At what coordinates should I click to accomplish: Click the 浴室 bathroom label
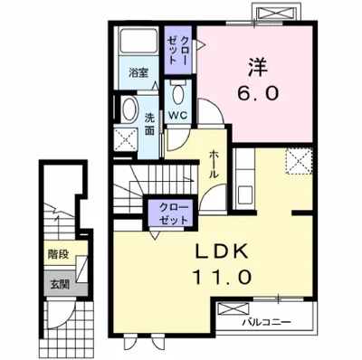pos(138,72)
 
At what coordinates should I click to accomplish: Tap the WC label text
pos(177,115)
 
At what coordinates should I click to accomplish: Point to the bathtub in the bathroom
pos(138,41)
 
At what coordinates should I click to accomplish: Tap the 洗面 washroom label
pos(149,124)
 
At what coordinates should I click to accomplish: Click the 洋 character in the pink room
pos(258,67)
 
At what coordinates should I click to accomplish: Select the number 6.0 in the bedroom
pos(257,94)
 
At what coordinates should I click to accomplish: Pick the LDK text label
pos(223,251)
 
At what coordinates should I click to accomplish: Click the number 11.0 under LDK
pos(222,277)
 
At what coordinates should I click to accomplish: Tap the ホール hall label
pos(214,164)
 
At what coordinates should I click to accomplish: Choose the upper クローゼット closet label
pos(178,50)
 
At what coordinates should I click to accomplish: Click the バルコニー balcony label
pos(267,323)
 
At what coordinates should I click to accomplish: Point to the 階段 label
pos(58,254)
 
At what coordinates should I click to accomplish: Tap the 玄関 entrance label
pos(60,284)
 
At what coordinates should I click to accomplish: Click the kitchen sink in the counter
pos(244,195)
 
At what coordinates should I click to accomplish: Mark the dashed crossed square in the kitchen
pos(299,161)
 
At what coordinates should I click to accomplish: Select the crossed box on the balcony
pos(233,310)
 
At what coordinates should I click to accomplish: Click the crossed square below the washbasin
pos(125,139)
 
